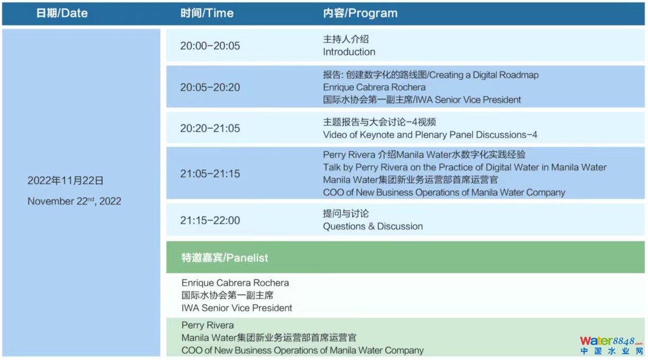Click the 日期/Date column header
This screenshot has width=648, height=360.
click(61, 13)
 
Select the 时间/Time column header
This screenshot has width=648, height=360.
click(207, 13)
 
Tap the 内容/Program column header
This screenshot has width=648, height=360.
click(360, 13)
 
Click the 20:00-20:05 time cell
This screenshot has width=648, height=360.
click(210, 46)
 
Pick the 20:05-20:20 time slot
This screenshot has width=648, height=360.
click(210, 87)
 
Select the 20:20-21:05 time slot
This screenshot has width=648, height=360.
click(210, 128)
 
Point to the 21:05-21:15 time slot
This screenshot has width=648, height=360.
click(210, 174)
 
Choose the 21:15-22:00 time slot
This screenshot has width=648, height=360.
click(210, 221)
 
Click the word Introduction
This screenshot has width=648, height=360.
click(349, 52)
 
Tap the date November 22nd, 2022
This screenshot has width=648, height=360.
click(74, 201)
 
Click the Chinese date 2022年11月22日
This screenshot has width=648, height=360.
click(65, 181)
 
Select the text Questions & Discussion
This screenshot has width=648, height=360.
click(373, 226)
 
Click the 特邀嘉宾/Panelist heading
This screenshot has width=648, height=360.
click(224, 257)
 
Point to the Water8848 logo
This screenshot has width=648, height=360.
click(611, 345)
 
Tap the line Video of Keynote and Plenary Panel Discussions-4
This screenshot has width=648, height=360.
click(430, 135)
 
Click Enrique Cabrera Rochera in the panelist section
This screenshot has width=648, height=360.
click(235, 283)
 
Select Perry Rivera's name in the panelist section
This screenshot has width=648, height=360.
click(208, 325)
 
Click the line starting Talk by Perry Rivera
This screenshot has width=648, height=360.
click(465, 167)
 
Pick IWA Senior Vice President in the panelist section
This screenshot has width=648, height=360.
click(237, 308)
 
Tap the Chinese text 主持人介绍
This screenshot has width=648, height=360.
click(346, 39)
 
